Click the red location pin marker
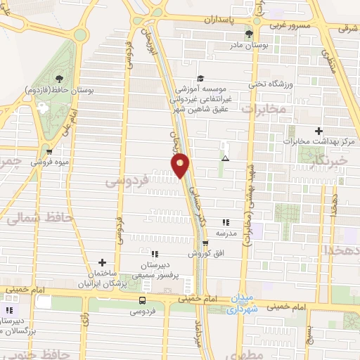pos(181,165)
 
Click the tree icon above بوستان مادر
pos(248,33)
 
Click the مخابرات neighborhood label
pos(264,109)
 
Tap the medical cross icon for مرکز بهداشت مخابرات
pos(319,131)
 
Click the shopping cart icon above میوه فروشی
pos(49,150)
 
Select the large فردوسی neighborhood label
pos(126,181)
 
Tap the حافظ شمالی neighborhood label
pos(40,219)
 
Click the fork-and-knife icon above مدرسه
pos(225,221)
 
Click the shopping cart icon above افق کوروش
pos(205,243)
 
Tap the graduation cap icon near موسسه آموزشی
pos(200,79)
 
